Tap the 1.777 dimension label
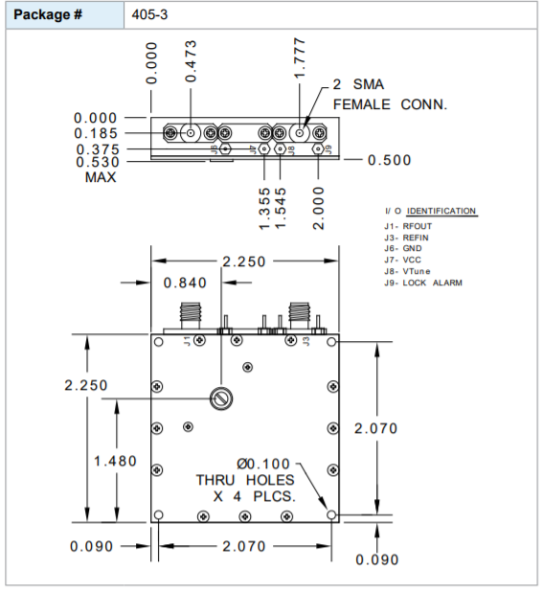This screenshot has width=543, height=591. [300, 58]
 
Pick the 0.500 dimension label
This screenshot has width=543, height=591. [389, 160]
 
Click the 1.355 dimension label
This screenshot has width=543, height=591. [264, 208]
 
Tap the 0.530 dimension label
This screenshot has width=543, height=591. [96, 164]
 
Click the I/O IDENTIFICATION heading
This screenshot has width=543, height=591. [429, 211]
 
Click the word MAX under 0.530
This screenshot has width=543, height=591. [101, 178]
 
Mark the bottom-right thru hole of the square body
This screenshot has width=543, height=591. [331, 515]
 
